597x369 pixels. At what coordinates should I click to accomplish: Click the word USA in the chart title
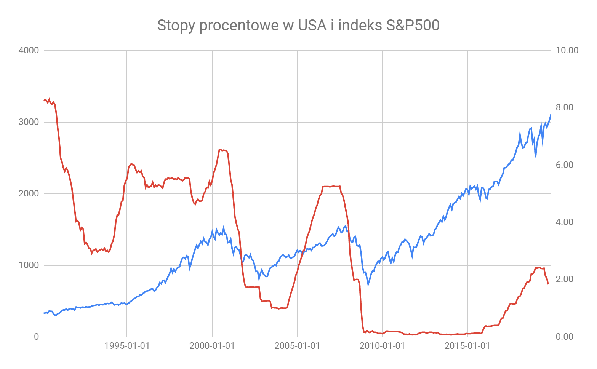point(312,25)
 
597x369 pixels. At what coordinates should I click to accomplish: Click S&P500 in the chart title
point(413,25)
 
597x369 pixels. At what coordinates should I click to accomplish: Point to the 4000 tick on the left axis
point(29,50)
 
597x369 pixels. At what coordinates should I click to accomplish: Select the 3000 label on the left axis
point(29,122)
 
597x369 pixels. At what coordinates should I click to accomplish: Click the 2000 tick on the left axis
point(29,194)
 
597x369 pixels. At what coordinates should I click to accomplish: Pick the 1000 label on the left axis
point(29,265)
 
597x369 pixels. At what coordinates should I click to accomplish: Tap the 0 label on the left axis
point(37,337)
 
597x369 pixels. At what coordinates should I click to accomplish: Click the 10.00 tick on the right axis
point(567,50)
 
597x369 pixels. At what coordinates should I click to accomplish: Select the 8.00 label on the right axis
point(565,107)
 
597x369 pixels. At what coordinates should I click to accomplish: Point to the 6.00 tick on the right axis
point(565,165)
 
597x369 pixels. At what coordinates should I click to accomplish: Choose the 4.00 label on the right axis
point(565,222)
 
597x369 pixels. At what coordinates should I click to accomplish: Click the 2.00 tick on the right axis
point(565,279)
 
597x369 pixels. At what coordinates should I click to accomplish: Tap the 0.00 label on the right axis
point(565,337)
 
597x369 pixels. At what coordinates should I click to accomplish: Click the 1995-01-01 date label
point(127,346)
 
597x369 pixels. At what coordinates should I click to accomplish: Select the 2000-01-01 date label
point(212,346)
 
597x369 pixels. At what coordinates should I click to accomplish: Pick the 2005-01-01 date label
point(297,346)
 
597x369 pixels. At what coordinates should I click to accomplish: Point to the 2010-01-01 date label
point(382,346)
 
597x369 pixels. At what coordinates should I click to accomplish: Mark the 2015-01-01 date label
point(467,346)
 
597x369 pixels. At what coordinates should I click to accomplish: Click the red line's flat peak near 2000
point(223,150)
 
